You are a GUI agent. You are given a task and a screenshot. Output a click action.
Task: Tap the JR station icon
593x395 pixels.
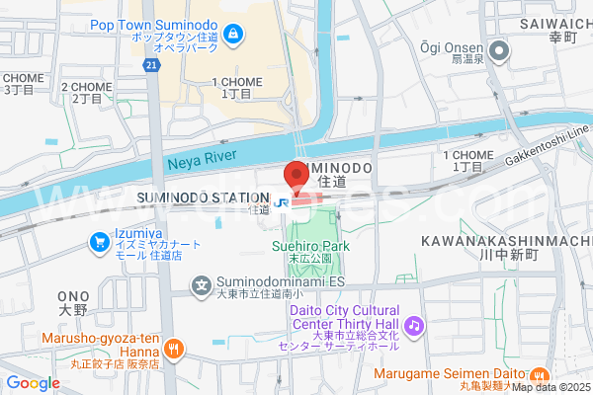(282, 202)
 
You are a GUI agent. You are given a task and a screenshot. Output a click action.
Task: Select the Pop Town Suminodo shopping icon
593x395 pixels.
(233, 37)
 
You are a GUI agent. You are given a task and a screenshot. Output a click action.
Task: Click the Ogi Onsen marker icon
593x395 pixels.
(501, 49)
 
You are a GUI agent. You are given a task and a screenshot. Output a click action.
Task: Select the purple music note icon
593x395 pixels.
(413, 325)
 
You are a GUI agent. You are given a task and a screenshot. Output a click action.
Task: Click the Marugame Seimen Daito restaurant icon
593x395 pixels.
(539, 374)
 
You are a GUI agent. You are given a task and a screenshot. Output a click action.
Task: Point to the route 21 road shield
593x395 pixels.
(150, 65)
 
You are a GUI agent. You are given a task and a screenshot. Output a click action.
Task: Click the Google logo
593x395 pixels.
(33, 383)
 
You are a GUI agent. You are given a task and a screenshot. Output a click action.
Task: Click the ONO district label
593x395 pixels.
(74, 295)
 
